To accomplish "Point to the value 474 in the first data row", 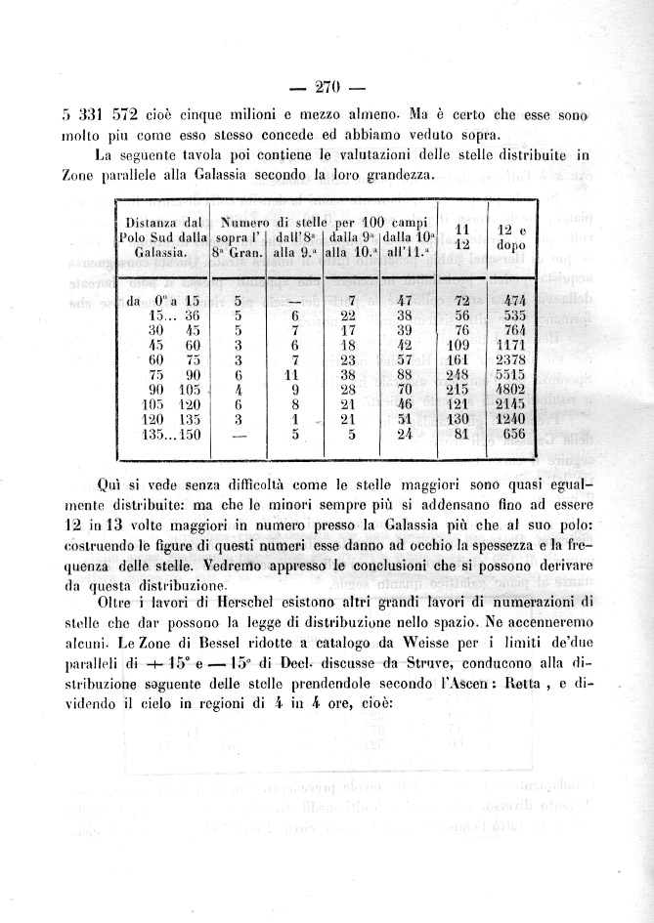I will pos(512,301).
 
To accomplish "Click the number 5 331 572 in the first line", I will pos(95,116).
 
